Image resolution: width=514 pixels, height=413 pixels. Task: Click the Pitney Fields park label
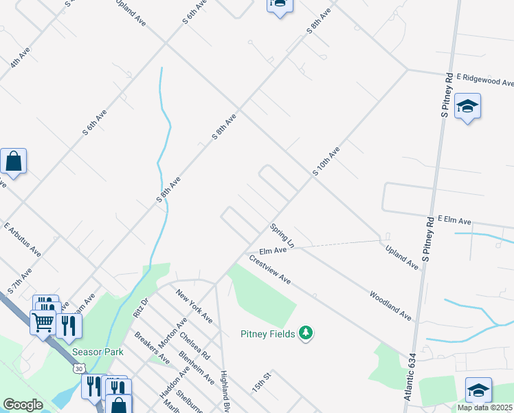268,335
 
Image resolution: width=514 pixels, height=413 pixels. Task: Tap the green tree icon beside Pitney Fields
306,334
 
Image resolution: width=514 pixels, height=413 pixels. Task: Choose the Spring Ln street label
282,235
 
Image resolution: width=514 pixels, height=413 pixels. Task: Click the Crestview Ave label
270,271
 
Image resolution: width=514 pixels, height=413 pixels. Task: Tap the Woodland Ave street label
390,306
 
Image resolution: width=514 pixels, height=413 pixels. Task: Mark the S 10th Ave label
326,160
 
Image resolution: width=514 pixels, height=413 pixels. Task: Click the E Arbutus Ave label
22,240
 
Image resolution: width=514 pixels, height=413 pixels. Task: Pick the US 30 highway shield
79,370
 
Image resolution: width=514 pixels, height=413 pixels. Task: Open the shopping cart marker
43,321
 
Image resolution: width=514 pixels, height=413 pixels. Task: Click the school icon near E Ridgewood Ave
467,106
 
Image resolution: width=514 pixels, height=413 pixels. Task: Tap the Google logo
23,405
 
